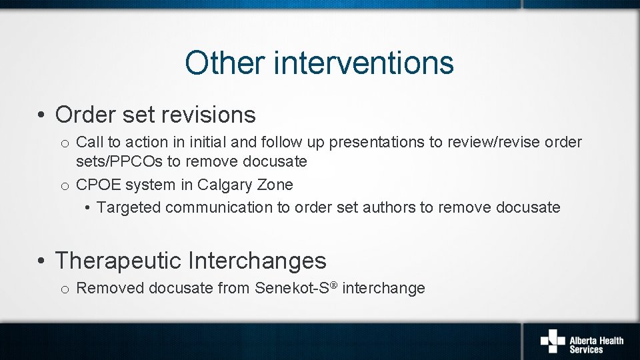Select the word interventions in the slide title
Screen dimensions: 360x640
tap(363, 63)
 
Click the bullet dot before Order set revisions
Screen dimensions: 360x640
tap(41, 115)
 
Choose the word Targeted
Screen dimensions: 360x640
tap(129, 207)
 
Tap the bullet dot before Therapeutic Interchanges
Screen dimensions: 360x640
tap(41, 261)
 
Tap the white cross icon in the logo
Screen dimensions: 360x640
tap(552, 340)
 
